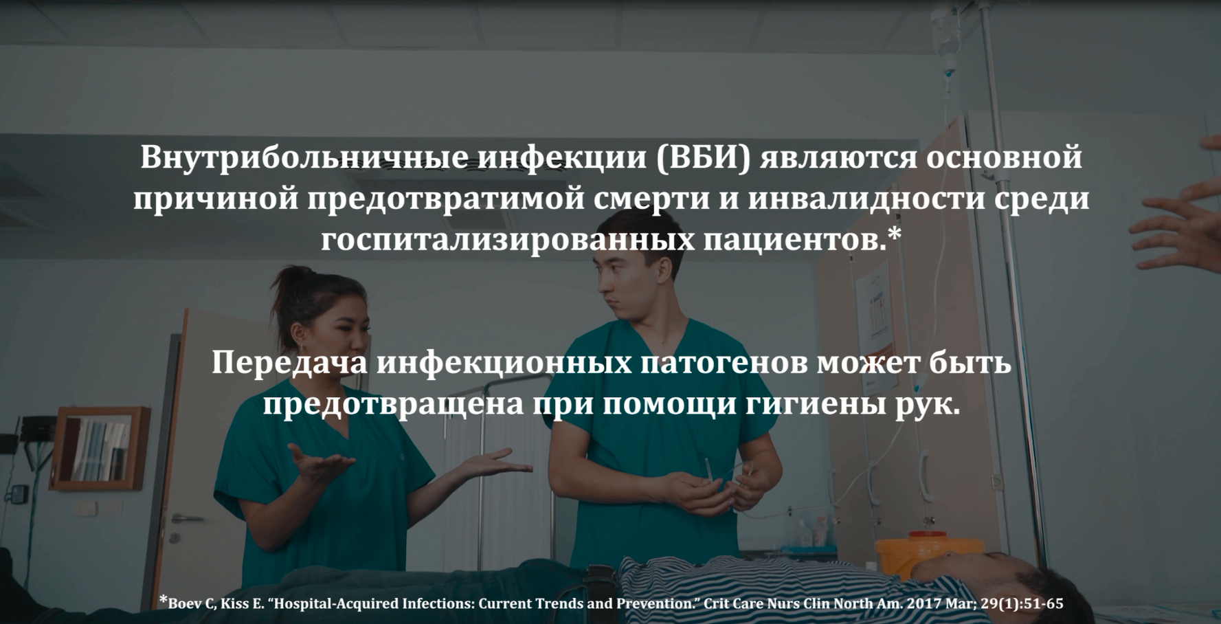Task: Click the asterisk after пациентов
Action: point(894,234)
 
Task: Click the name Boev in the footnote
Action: point(184,604)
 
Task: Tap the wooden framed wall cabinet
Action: point(100,448)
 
